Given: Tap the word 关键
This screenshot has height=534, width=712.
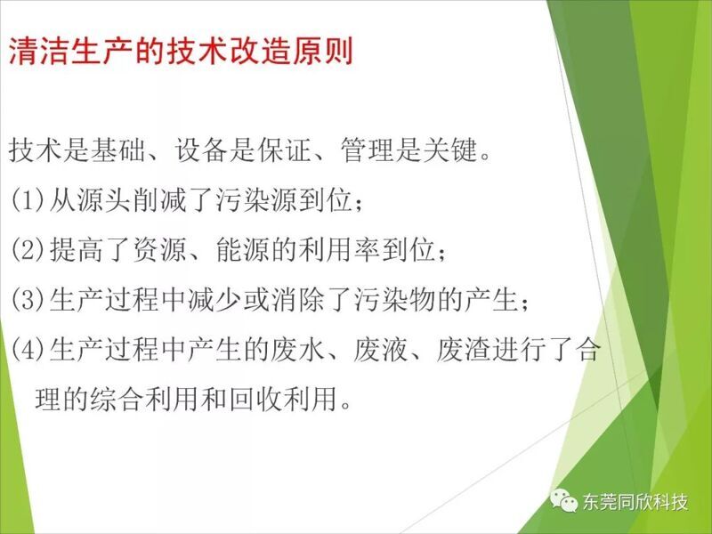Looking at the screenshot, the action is pos(449,150).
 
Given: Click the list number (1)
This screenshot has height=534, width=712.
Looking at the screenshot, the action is pos(28,199).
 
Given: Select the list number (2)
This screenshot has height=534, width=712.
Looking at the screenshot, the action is pos(28,250).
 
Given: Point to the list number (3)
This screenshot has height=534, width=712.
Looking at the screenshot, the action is pos(28,300).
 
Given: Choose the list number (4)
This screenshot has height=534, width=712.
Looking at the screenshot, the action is pos(28,350).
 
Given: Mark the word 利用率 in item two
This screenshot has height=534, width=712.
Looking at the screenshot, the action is pos(339,250).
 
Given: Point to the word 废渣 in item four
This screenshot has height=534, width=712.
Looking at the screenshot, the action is pos(464,350).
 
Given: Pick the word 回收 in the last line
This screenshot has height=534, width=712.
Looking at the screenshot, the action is pos(256,400).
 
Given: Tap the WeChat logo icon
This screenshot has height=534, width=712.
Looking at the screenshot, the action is pos(563,500).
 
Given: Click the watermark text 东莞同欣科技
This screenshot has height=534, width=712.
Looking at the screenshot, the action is pos(635,502).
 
